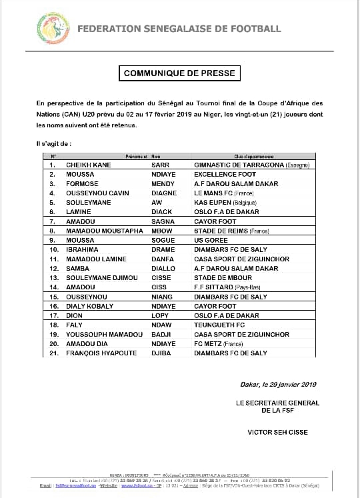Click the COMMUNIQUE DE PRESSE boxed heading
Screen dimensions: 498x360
tap(180, 73)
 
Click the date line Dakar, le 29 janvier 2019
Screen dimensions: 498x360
tap(277, 384)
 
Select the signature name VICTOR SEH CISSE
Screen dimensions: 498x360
tap(277, 432)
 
